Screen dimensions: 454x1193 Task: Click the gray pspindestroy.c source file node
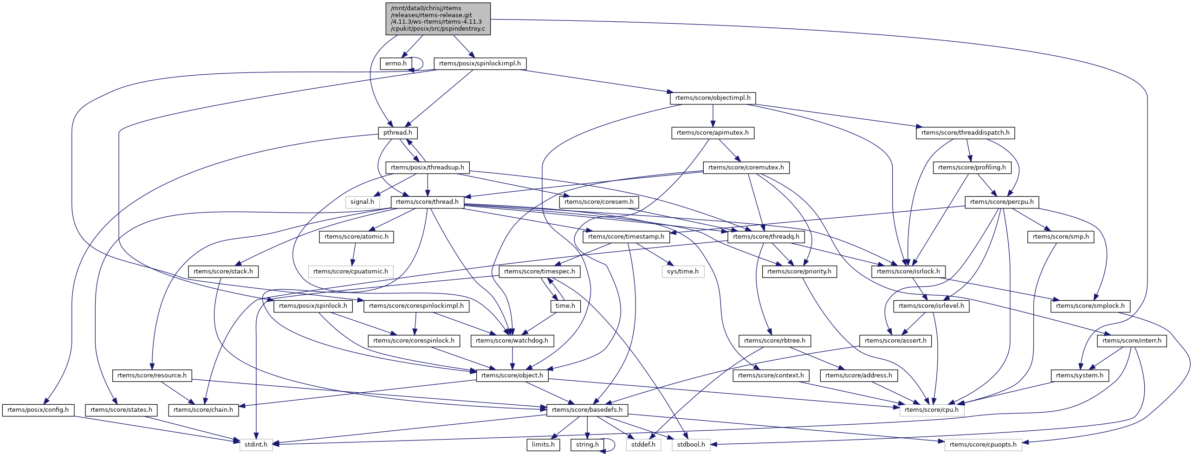pyautogui.click(x=438, y=19)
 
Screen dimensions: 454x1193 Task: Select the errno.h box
pyautogui.click(x=396, y=64)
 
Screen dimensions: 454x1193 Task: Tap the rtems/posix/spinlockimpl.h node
pyautogui.click(x=480, y=64)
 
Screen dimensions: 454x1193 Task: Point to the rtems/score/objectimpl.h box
pyautogui.click(x=713, y=98)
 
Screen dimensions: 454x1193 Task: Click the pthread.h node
pyautogui.click(x=397, y=133)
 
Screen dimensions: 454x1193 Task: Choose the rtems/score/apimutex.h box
pyautogui.click(x=712, y=133)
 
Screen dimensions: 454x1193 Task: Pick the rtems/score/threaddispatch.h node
pyautogui.click(x=965, y=133)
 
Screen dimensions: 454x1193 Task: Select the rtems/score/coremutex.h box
pyautogui.click(x=746, y=168)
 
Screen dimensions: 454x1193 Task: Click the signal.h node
pyautogui.click(x=362, y=202)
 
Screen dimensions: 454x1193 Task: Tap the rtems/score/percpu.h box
pyautogui.click(x=1002, y=202)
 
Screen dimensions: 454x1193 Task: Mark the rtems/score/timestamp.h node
pyautogui.click(x=626, y=237)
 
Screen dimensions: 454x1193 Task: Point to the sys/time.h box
pyautogui.click(x=682, y=272)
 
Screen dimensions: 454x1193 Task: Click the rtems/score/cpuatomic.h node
pyautogui.click(x=350, y=272)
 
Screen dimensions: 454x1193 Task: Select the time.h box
pyautogui.click(x=565, y=306)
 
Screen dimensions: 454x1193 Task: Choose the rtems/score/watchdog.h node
pyautogui.click(x=512, y=341)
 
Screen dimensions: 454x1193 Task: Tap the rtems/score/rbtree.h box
pyautogui.click(x=774, y=341)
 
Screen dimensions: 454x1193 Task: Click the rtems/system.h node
pyautogui.click(x=1079, y=376)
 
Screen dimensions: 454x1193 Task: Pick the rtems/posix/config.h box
pyautogui.click(x=38, y=410)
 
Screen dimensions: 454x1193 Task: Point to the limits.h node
pyautogui.click(x=543, y=445)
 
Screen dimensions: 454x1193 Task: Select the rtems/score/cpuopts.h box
pyautogui.click(x=983, y=445)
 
